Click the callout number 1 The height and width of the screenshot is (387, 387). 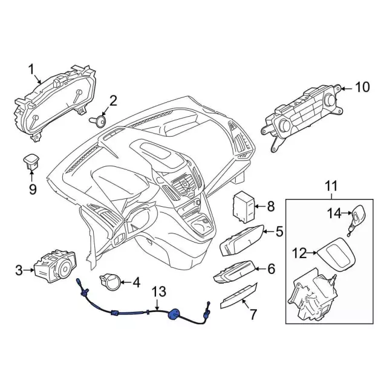click(31, 71)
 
